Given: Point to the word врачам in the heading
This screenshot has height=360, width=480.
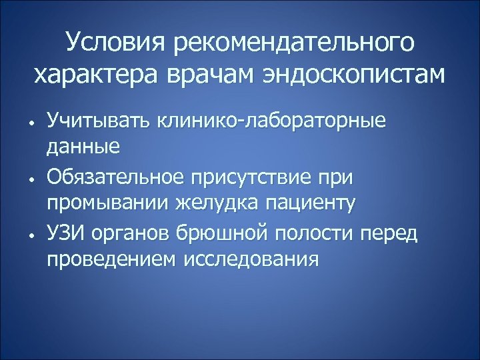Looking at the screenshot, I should tap(206, 75).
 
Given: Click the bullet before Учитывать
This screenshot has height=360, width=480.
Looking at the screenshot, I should tap(31, 124).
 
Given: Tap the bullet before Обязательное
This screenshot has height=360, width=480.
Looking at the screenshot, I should tap(31, 179).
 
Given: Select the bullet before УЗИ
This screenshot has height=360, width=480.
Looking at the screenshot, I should tap(31, 235).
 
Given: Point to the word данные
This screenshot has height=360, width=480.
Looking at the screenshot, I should tap(83, 147).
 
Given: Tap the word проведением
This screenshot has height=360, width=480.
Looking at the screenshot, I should tap(109, 259).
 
